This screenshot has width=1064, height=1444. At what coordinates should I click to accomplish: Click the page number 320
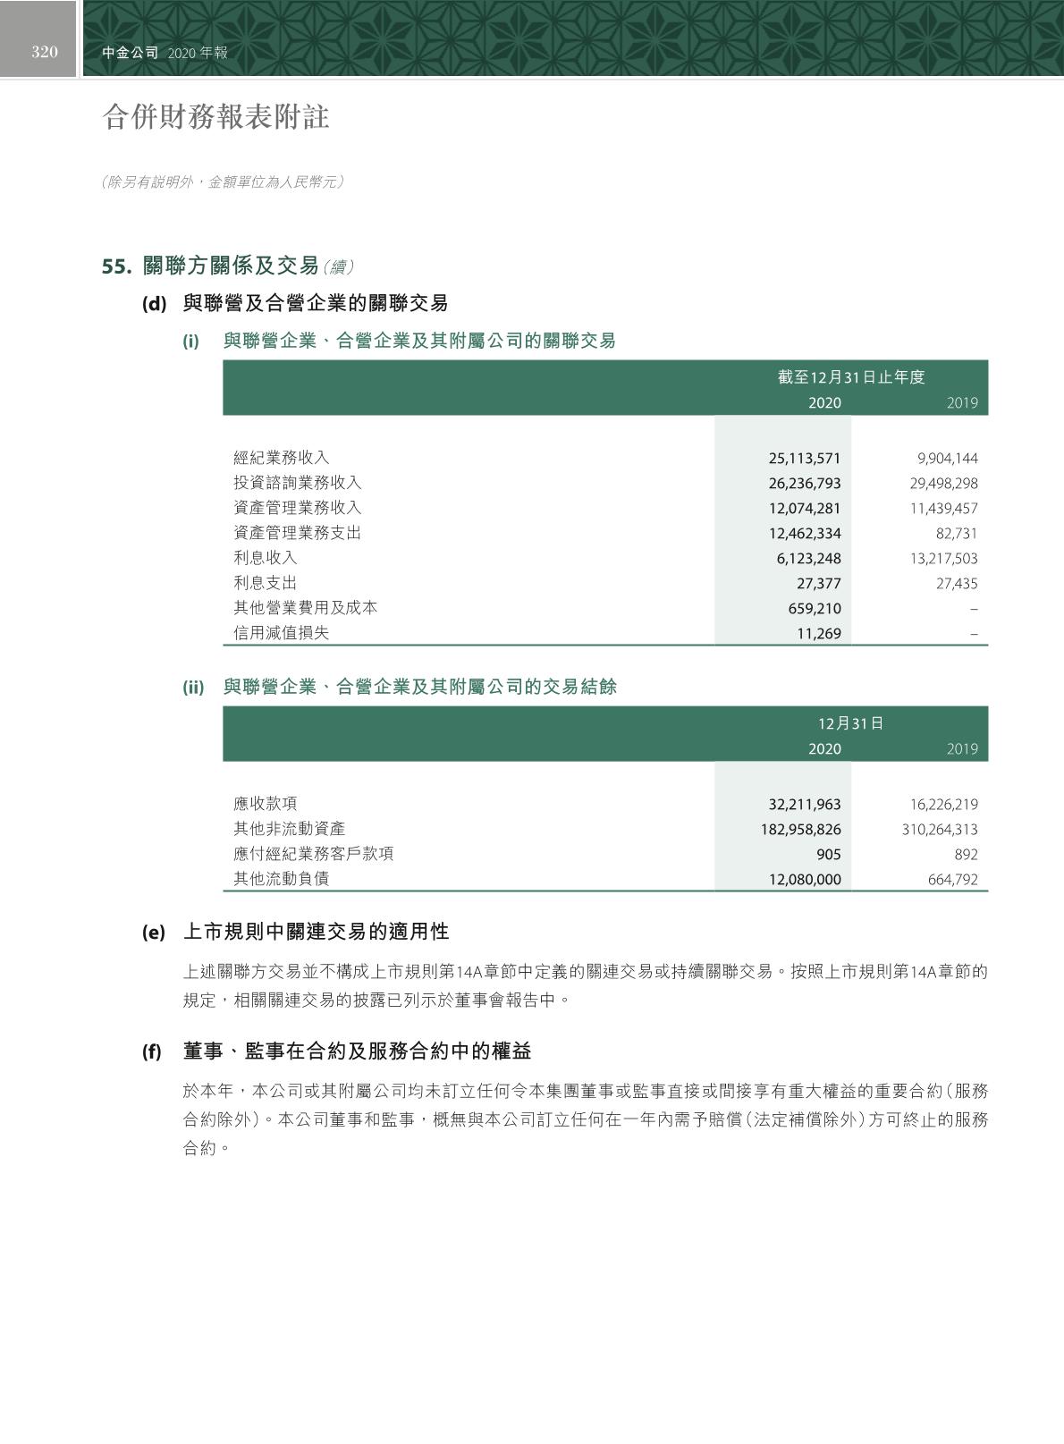tap(44, 52)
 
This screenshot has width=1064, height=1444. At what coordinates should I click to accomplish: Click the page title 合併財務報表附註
tap(216, 117)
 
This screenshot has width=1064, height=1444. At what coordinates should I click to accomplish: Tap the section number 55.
tap(117, 266)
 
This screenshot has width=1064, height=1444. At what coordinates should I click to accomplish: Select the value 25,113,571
tap(805, 459)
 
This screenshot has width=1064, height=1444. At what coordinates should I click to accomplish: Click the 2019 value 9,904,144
tap(947, 459)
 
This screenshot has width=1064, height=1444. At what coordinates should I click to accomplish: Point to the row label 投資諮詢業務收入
tap(298, 483)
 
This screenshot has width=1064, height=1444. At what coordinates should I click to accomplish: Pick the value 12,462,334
tap(805, 534)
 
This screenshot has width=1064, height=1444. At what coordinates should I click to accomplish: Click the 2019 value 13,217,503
tap(943, 559)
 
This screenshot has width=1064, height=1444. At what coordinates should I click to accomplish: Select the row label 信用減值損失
tap(282, 633)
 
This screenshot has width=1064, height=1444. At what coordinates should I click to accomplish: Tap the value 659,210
tap(814, 609)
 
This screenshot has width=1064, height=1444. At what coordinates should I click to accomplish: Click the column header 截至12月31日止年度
tap(851, 377)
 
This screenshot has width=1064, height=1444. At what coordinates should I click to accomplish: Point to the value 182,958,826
tap(801, 830)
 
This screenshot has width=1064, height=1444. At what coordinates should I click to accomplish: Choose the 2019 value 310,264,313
tap(940, 830)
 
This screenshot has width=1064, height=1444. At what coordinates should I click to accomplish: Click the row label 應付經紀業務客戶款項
tap(314, 854)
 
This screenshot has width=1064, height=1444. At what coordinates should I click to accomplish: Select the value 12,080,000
tap(805, 880)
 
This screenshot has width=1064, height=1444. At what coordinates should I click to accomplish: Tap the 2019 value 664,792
tap(952, 880)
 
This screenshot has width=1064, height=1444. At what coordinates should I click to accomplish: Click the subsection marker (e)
tap(154, 933)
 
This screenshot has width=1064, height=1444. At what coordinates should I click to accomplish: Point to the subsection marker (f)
tap(152, 1052)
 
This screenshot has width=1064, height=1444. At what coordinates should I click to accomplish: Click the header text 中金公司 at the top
tap(130, 53)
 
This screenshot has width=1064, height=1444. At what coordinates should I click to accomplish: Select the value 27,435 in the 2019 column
tap(956, 584)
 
